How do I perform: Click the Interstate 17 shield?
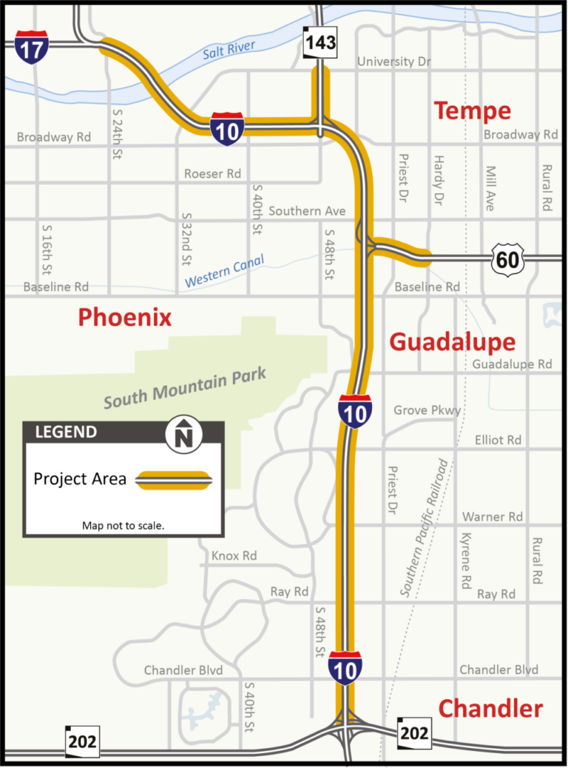[x=31, y=47]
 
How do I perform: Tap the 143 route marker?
[x=320, y=41]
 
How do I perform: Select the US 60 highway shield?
[x=507, y=258]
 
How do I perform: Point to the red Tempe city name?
[x=472, y=111]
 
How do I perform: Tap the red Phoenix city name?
[x=124, y=318]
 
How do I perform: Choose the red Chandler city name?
[x=490, y=709]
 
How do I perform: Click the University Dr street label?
[x=394, y=61]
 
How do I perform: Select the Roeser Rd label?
[x=213, y=173]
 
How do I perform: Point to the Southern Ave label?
[x=307, y=211]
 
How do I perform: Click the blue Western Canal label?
[x=224, y=272]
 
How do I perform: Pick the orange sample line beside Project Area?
[x=174, y=480]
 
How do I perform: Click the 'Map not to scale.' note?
[x=123, y=526]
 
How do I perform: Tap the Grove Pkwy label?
[x=427, y=410]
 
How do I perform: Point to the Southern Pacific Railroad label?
[x=425, y=527]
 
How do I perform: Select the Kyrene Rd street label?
[x=465, y=560]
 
